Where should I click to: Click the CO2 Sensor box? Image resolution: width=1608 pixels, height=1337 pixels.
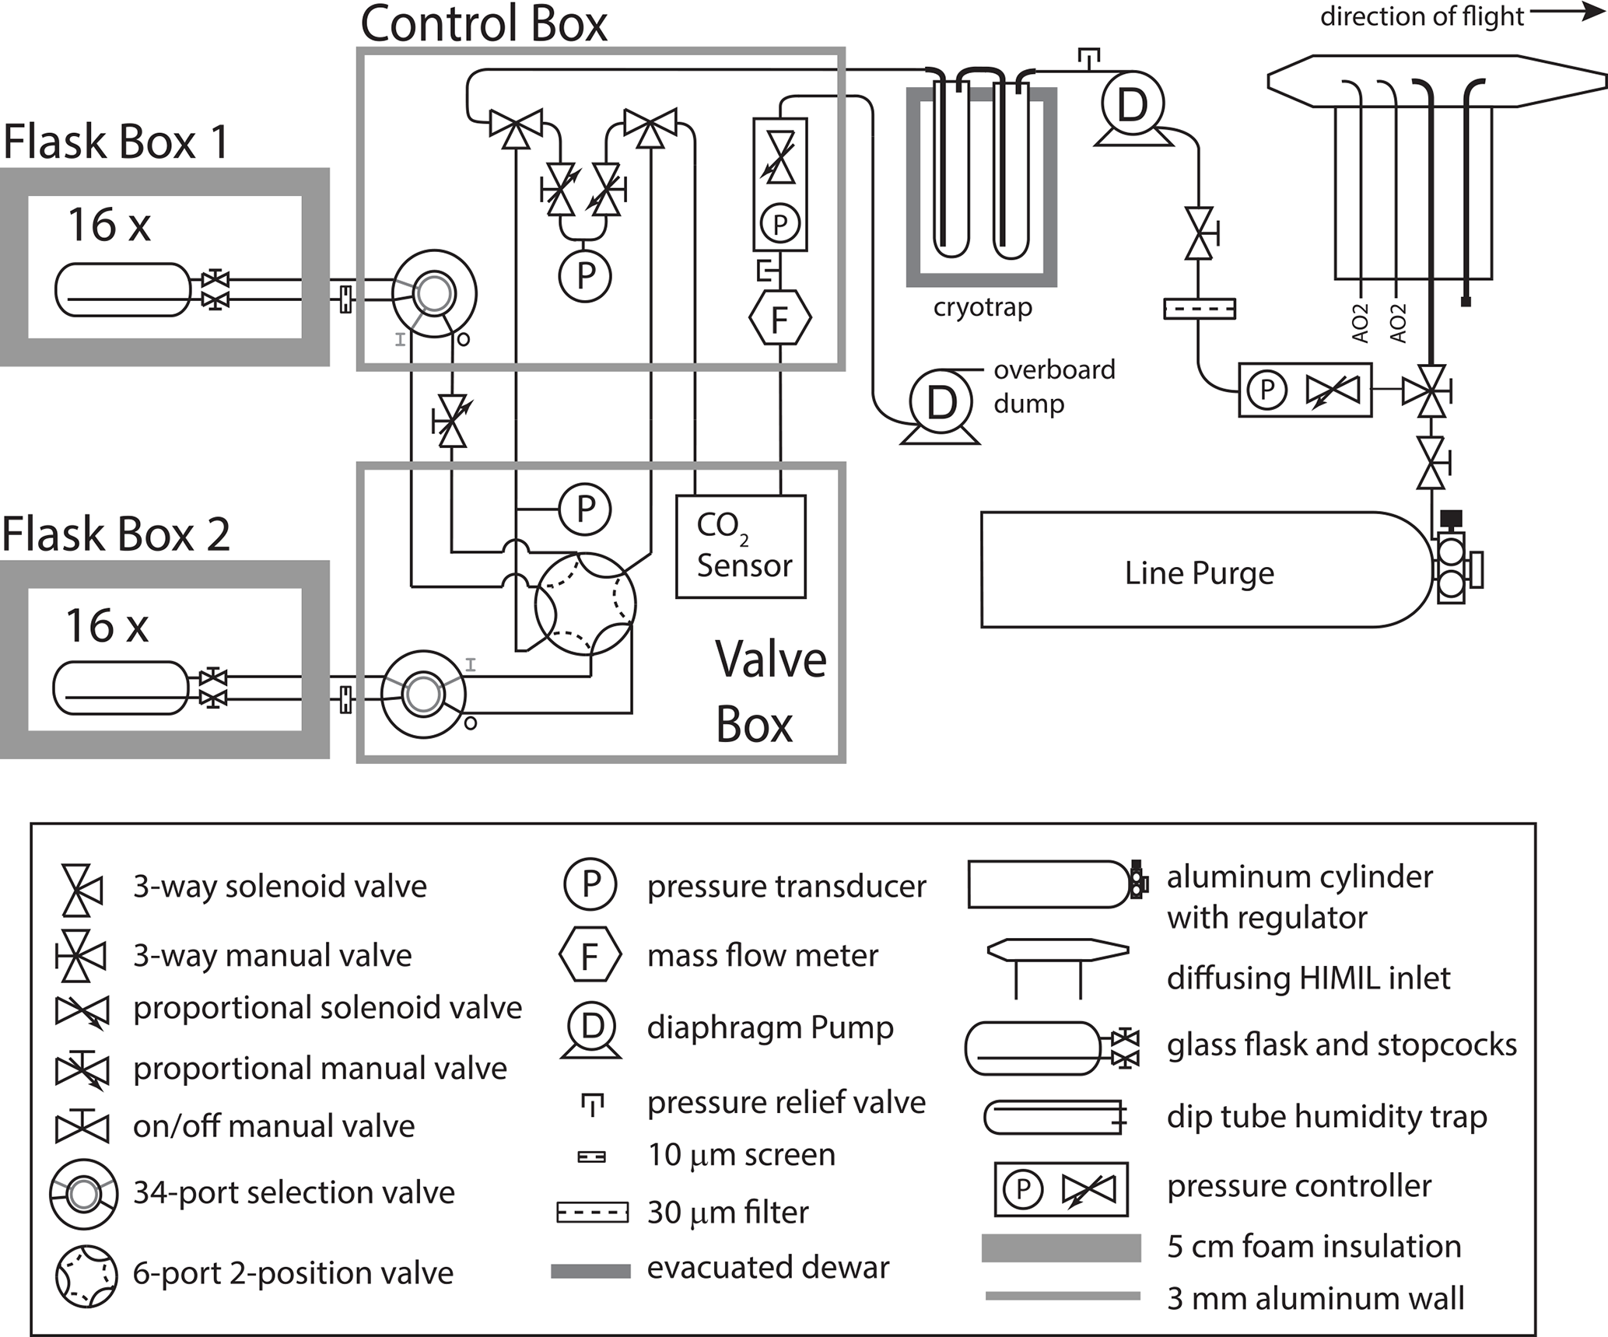coord(741,546)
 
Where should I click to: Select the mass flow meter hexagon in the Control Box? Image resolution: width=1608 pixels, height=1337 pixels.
coord(779,318)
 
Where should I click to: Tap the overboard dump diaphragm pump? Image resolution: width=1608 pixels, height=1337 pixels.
coord(941,403)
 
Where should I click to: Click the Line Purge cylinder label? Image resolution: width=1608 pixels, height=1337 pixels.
coord(1199,573)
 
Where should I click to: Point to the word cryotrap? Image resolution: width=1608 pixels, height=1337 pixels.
coord(983,308)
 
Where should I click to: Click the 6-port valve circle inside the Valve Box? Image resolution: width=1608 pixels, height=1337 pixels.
coord(585,604)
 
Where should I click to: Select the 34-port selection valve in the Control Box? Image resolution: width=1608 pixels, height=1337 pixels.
coord(434,293)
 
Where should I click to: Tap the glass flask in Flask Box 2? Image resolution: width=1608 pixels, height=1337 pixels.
coord(121,688)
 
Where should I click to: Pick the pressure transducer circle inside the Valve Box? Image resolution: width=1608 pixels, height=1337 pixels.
coord(585,509)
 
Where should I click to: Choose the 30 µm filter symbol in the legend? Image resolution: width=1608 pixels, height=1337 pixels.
coord(592,1213)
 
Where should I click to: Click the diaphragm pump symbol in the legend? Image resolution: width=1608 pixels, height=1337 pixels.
coord(591,1030)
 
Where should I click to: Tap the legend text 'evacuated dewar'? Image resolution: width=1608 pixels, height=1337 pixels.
coord(768,1268)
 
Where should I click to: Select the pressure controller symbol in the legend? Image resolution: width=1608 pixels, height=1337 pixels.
coord(1060,1189)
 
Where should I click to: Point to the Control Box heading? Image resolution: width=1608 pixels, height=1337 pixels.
coord(483,23)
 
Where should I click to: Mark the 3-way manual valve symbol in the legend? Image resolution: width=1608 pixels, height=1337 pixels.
coord(79,955)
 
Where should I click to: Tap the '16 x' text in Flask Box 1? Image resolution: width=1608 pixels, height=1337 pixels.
coord(109,226)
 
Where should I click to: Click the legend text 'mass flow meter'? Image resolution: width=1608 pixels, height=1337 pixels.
coord(762,955)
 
